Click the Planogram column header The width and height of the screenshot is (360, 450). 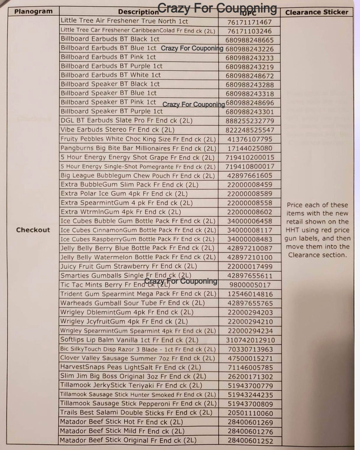point(33,11)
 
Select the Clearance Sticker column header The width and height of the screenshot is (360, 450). point(317,12)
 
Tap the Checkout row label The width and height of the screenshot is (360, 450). point(33,230)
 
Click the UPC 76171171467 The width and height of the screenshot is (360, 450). point(249,22)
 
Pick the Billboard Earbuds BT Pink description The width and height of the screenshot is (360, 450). point(108,57)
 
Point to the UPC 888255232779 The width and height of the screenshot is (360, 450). point(249,121)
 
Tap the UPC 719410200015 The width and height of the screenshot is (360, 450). point(249,157)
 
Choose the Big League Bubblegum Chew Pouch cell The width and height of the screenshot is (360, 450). point(138,176)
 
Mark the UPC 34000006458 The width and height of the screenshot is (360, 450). point(249,221)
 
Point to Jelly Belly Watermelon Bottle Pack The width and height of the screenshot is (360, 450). point(138,257)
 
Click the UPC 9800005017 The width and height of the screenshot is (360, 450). point(249,285)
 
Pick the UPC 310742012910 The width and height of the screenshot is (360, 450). point(249,340)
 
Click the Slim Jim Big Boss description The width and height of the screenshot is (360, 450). point(133,376)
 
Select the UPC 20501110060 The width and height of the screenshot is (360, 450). point(249,413)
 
